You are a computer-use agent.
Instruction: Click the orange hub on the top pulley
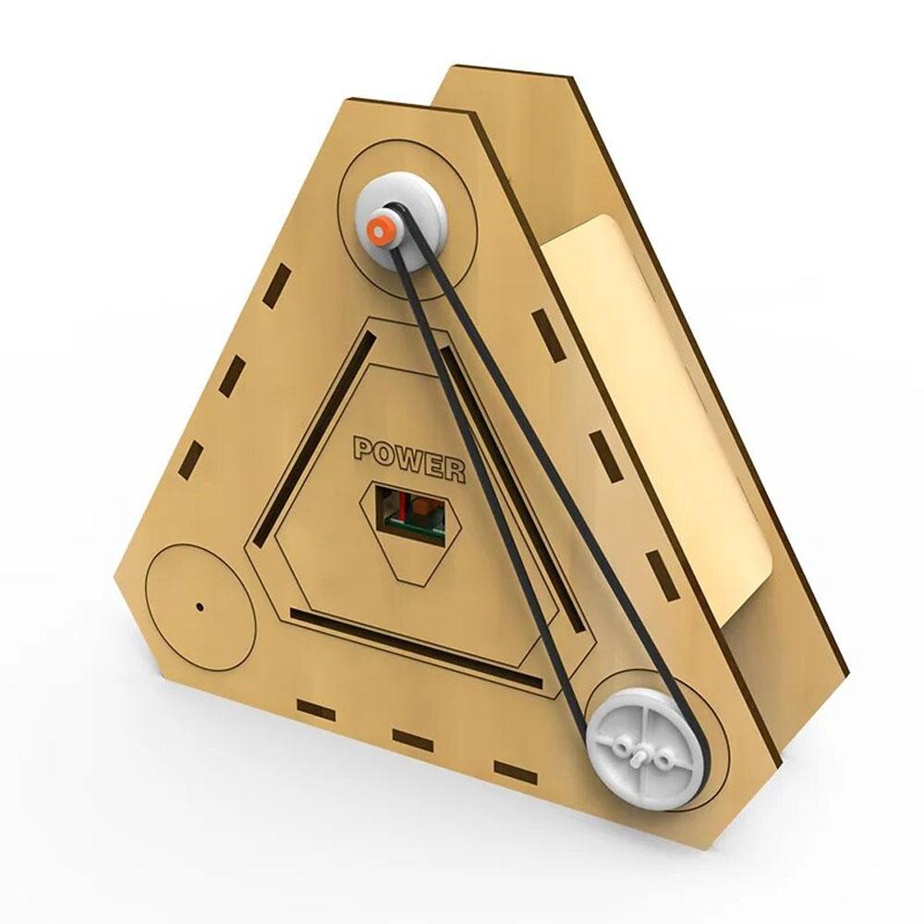tap(378, 230)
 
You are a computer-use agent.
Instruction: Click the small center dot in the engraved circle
tap(200, 606)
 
